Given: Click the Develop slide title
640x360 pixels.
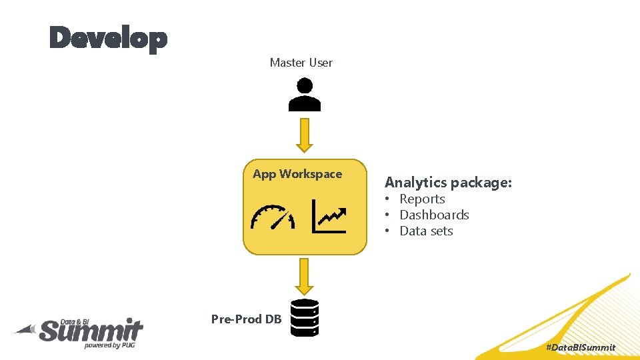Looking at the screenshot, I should pos(108,39).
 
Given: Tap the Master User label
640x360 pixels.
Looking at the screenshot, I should pos(301,63).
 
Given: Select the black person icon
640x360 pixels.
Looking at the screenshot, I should pos(305,95).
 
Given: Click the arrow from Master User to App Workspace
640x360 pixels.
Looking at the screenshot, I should pos(305,135).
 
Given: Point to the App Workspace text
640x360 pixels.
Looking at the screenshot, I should pos(297,174).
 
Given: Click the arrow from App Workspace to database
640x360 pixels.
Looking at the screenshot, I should pos(305,276).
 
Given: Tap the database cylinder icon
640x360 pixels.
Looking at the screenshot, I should pos(305,317).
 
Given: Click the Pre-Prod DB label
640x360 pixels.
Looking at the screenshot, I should pos(246,319).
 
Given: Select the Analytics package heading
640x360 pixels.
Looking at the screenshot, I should pos(448,182).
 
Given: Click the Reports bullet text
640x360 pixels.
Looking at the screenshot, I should pos(422,199).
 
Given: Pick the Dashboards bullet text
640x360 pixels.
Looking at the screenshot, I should pos(434,215).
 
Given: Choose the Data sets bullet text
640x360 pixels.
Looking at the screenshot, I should pos(426,231).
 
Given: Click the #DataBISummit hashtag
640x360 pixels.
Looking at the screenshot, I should pos(580,347).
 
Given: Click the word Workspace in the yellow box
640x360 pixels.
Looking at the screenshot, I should pos(311,174).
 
